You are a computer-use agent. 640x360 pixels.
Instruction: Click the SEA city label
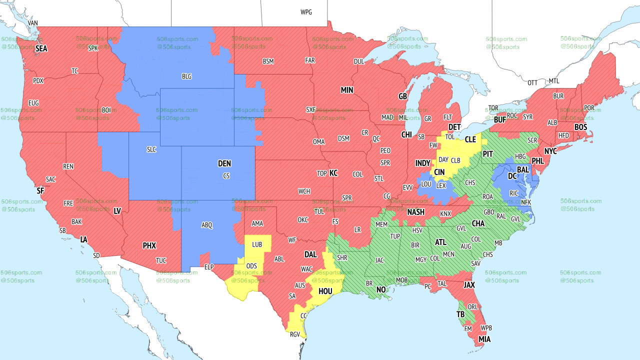(41, 49)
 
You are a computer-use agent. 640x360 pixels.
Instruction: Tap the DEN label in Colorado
(224, 163)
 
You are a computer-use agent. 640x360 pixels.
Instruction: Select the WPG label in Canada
(306, 12)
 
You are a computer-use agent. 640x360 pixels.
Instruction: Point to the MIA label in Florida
(484, 339)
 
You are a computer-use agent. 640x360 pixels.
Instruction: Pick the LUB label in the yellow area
(257, 244)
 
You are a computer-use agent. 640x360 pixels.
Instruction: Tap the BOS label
(580, 127)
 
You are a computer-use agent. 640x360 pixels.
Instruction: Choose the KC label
(333, 173)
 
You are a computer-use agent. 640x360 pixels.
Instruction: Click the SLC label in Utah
(151, 149)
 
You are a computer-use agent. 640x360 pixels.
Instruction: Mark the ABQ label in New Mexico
(207, 225)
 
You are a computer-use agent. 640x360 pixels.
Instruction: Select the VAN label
(33, 23)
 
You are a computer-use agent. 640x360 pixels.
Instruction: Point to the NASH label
(415, 212)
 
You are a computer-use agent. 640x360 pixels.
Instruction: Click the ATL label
(440, 242)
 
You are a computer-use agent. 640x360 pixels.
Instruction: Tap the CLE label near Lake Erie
(470, 139)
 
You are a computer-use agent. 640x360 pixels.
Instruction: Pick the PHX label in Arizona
(149, 245)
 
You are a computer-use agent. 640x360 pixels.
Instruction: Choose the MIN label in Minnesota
(346, 90)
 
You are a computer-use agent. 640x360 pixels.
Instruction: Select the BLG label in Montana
(186, 76)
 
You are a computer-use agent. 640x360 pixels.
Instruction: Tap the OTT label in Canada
(532, 82)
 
